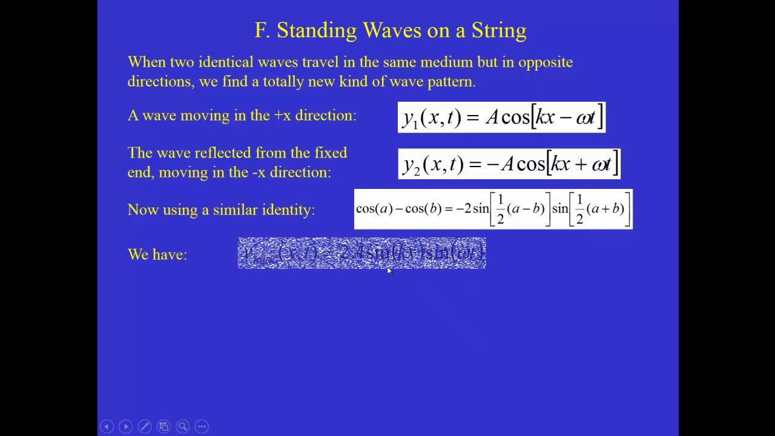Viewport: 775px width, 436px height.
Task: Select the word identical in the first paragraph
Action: (x=226, y=62)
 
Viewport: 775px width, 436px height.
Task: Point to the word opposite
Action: (x=545, y=62)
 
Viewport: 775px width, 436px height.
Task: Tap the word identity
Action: (x=288, y=210)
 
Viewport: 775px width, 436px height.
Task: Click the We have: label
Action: (x=157, y=255)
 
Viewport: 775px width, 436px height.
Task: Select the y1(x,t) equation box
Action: (x=501, y=117)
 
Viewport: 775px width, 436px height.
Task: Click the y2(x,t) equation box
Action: (x=509, y=164)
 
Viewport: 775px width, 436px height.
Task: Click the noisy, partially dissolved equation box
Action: (x=361, y=253)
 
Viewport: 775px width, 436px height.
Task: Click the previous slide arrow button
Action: (x=107, y=426)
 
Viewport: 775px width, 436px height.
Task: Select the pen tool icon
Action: (x=145, y=426)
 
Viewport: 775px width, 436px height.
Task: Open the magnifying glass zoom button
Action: (x=182, y=426)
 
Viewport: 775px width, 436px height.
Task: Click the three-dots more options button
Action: (x=202, y=426)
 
